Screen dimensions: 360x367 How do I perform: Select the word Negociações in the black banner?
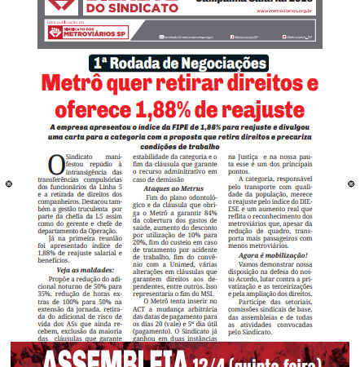[221, 64]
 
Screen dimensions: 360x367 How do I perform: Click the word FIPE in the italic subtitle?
[183, 127]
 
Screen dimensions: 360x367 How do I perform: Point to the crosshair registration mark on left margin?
[7, 183]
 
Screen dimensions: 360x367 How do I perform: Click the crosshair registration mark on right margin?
[352, 183]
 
